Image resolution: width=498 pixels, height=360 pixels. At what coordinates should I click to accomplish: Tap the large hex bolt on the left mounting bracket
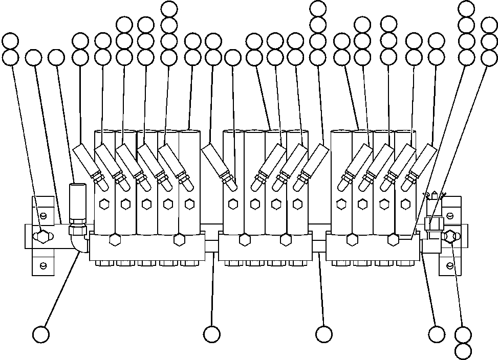(42, 236)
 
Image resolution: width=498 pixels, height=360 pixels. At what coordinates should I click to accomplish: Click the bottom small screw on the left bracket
(44, 264)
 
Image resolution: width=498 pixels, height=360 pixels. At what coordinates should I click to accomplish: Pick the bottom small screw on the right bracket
(450, 264)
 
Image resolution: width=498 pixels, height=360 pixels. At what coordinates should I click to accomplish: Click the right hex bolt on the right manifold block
(394, 239)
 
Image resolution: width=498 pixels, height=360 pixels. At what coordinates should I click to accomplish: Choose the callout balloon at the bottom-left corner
(40, 335)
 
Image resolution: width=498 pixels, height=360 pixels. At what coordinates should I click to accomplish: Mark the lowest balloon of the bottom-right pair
(463, 351)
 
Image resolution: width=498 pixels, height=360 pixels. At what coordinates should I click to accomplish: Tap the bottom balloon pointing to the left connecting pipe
(211, 334)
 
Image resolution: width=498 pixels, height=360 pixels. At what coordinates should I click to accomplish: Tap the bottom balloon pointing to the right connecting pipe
(323, 334)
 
